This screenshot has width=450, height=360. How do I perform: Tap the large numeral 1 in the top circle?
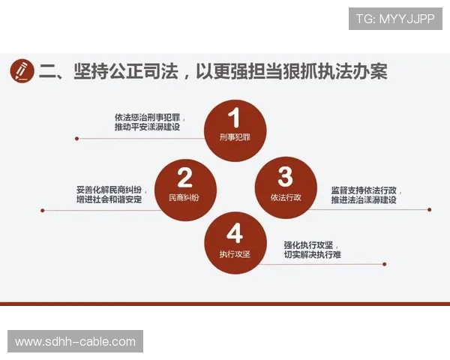[x=234, y=118]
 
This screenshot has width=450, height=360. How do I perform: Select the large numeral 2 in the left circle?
[x=184, y=178]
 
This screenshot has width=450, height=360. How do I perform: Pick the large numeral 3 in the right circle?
[x=285, y=177]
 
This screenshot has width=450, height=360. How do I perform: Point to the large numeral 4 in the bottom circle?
[x=234, y=232]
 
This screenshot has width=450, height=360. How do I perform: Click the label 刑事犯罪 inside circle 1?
[x=234, y=139]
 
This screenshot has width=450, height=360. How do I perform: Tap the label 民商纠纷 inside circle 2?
[x=184, y=197]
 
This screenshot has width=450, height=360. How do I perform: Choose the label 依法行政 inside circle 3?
[x=285, y=197]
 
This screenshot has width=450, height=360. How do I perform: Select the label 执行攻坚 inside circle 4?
[x=234, y=253]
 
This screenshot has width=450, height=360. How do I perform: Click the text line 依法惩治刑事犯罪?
[x=150, y=118]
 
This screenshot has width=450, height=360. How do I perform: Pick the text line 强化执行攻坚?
[x=309, y=245]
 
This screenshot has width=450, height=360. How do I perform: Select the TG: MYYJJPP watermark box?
[x=395, y=18]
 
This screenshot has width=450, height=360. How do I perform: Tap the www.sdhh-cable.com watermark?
[x=75, y=342]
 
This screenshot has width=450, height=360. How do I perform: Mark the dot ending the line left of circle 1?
[x=76, y=138]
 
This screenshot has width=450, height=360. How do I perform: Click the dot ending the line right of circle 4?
[x=385, y=264]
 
